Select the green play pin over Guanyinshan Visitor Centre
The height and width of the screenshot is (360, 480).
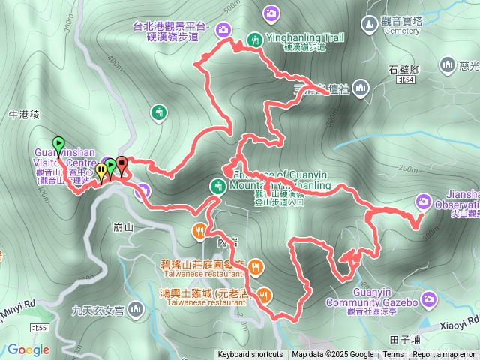coord(58,144)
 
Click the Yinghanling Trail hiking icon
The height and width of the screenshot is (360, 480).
coord(255,39)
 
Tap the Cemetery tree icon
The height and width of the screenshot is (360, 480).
coord(371,24)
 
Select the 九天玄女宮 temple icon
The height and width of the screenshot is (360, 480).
coord(136,307)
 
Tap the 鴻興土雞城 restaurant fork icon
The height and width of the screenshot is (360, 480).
coord(263,294)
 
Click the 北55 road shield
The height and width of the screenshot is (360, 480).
coord(39,328)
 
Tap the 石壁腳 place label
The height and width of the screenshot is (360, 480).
coord(403,68)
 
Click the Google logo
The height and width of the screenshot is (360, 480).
coord(28,349)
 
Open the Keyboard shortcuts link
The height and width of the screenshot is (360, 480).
coord(250,355)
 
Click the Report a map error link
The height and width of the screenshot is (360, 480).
coord(443,355)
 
